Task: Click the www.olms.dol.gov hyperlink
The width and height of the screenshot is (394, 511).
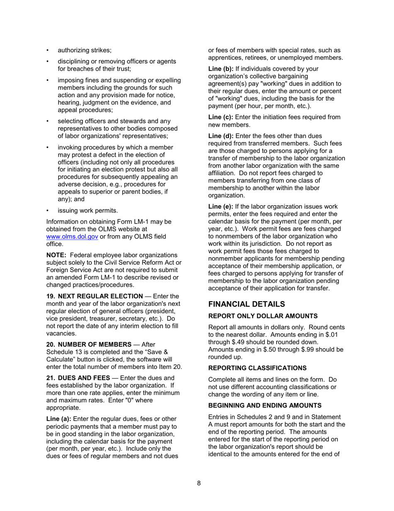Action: point(72,237)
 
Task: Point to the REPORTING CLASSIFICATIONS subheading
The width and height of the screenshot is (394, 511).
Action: point(257,368)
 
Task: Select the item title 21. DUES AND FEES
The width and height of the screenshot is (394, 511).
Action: point(78,377)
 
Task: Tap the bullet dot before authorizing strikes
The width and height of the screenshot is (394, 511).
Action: point(48,51)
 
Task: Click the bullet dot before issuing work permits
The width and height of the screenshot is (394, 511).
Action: point(48,210)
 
